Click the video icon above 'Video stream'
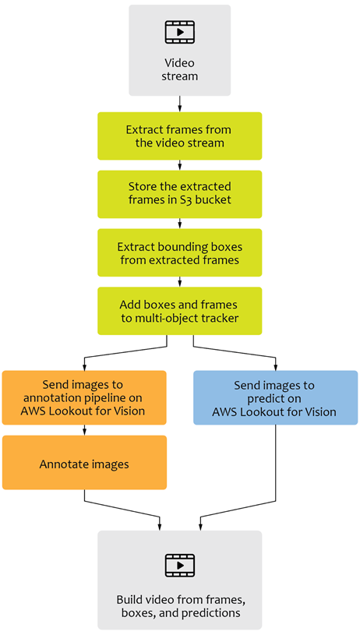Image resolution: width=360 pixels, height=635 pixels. tap(179, 32)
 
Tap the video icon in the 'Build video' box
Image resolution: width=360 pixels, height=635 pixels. tap(179, 564)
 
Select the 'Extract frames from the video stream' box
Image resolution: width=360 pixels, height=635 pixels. tap(179, 136)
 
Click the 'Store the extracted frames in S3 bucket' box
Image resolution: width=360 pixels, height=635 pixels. tap(179, 195)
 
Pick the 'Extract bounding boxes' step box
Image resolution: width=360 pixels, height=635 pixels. tap(179, 253)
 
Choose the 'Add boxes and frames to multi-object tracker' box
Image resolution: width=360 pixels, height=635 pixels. tap(179, 312)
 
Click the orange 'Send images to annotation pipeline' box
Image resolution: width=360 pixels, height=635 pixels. tap(84, 397)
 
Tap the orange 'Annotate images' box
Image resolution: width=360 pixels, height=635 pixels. tap(84, 464)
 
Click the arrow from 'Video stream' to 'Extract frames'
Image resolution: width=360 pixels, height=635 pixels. tap(180, 104)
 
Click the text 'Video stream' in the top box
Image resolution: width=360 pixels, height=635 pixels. tap(179, 69)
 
